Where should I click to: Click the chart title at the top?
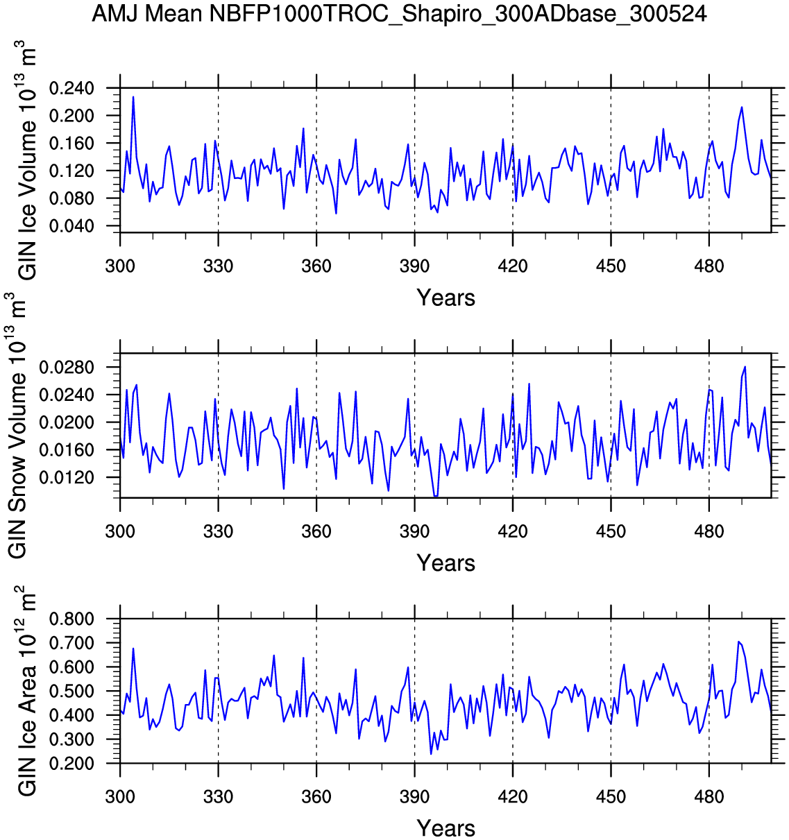point(399,13)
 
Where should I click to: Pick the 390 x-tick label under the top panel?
point(414,266)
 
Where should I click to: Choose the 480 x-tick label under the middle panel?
point(709,532)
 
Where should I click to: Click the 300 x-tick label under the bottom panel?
point(120,797)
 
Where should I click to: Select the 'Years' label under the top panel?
point(446,298)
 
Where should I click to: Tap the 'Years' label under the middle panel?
point(446,563)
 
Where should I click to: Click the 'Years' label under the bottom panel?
point(446,828)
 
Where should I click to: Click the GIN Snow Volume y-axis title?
point(17,425)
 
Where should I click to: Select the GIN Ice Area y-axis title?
point(26,691)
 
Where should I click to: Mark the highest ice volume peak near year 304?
point(133,97)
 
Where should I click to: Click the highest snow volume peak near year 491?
point(745,366)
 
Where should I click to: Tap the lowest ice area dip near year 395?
point(431,754)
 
